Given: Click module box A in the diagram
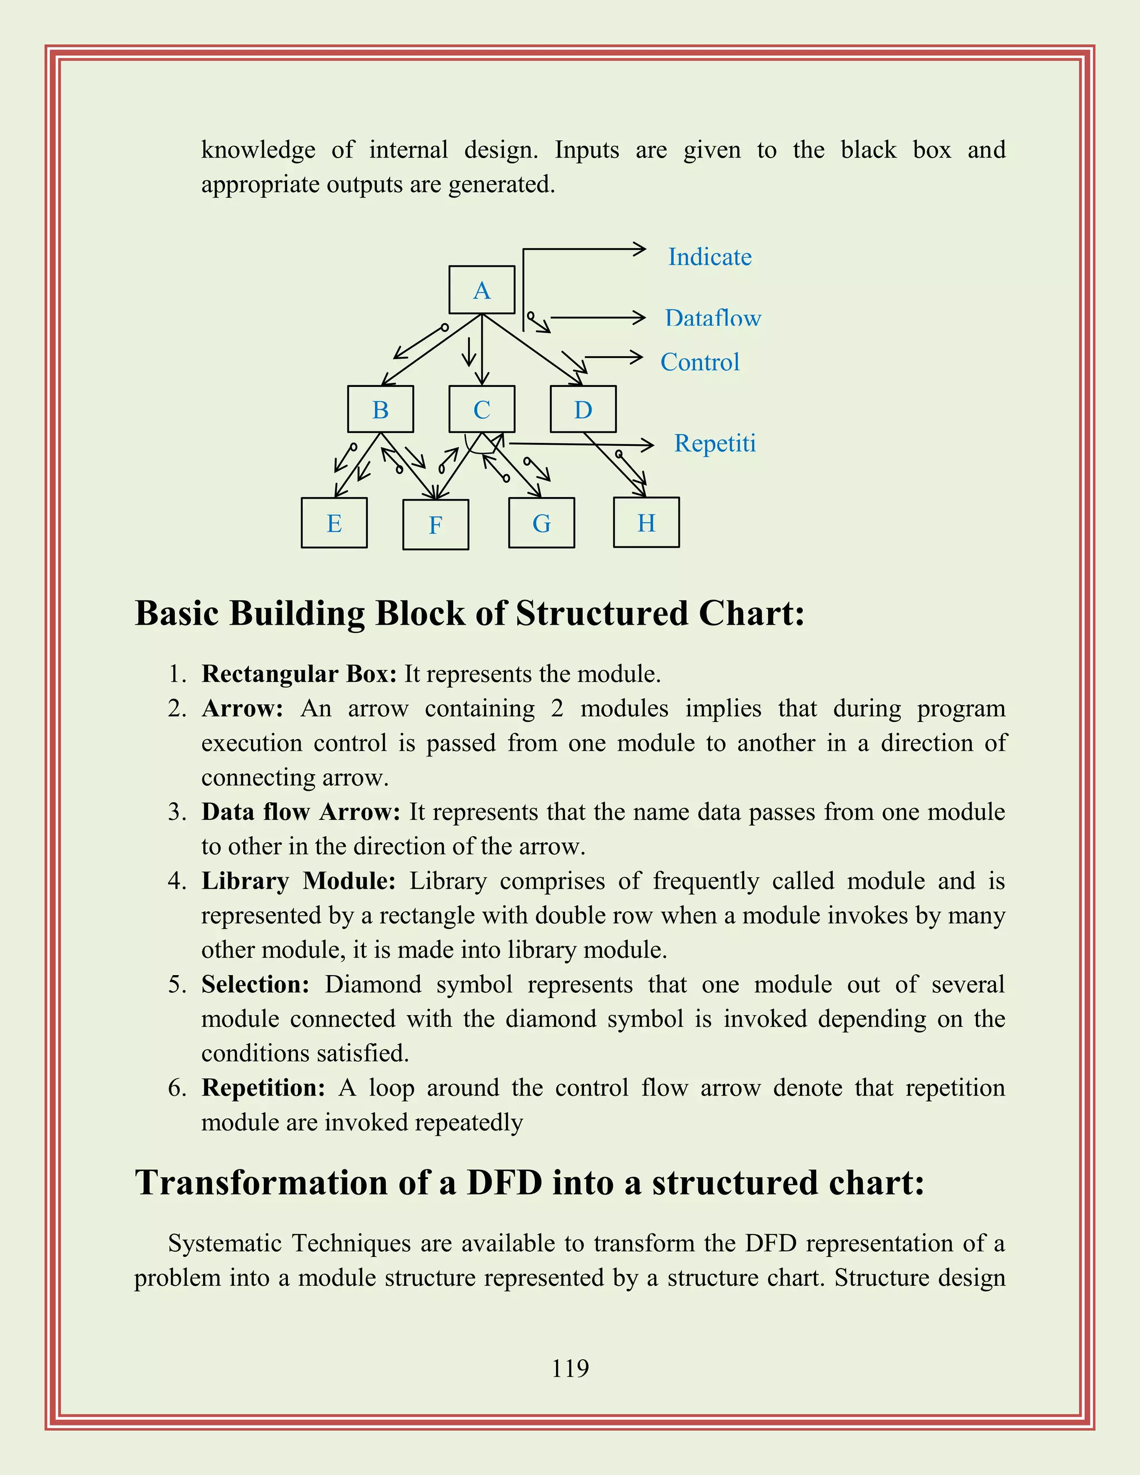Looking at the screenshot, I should coord(481,290).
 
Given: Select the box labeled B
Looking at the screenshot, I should coord(380,409).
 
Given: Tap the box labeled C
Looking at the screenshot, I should coord(481,409).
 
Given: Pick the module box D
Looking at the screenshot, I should coord(583,409).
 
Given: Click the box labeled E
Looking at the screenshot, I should coord(335,523).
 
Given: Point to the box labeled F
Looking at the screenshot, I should coord(436,525).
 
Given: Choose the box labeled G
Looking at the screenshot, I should coord(542,523).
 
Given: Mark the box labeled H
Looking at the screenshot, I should coord(646,522).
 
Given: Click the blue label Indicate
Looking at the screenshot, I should coord(710,257).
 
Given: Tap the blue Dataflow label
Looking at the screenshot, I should coord(712,318).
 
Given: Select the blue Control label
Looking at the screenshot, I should coord(700,362).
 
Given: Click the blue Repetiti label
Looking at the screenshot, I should coord(715,443).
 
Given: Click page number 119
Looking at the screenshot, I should coord(570,1368).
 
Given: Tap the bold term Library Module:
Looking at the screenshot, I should coord(298,881).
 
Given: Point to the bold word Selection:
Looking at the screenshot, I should coord(255,984).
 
